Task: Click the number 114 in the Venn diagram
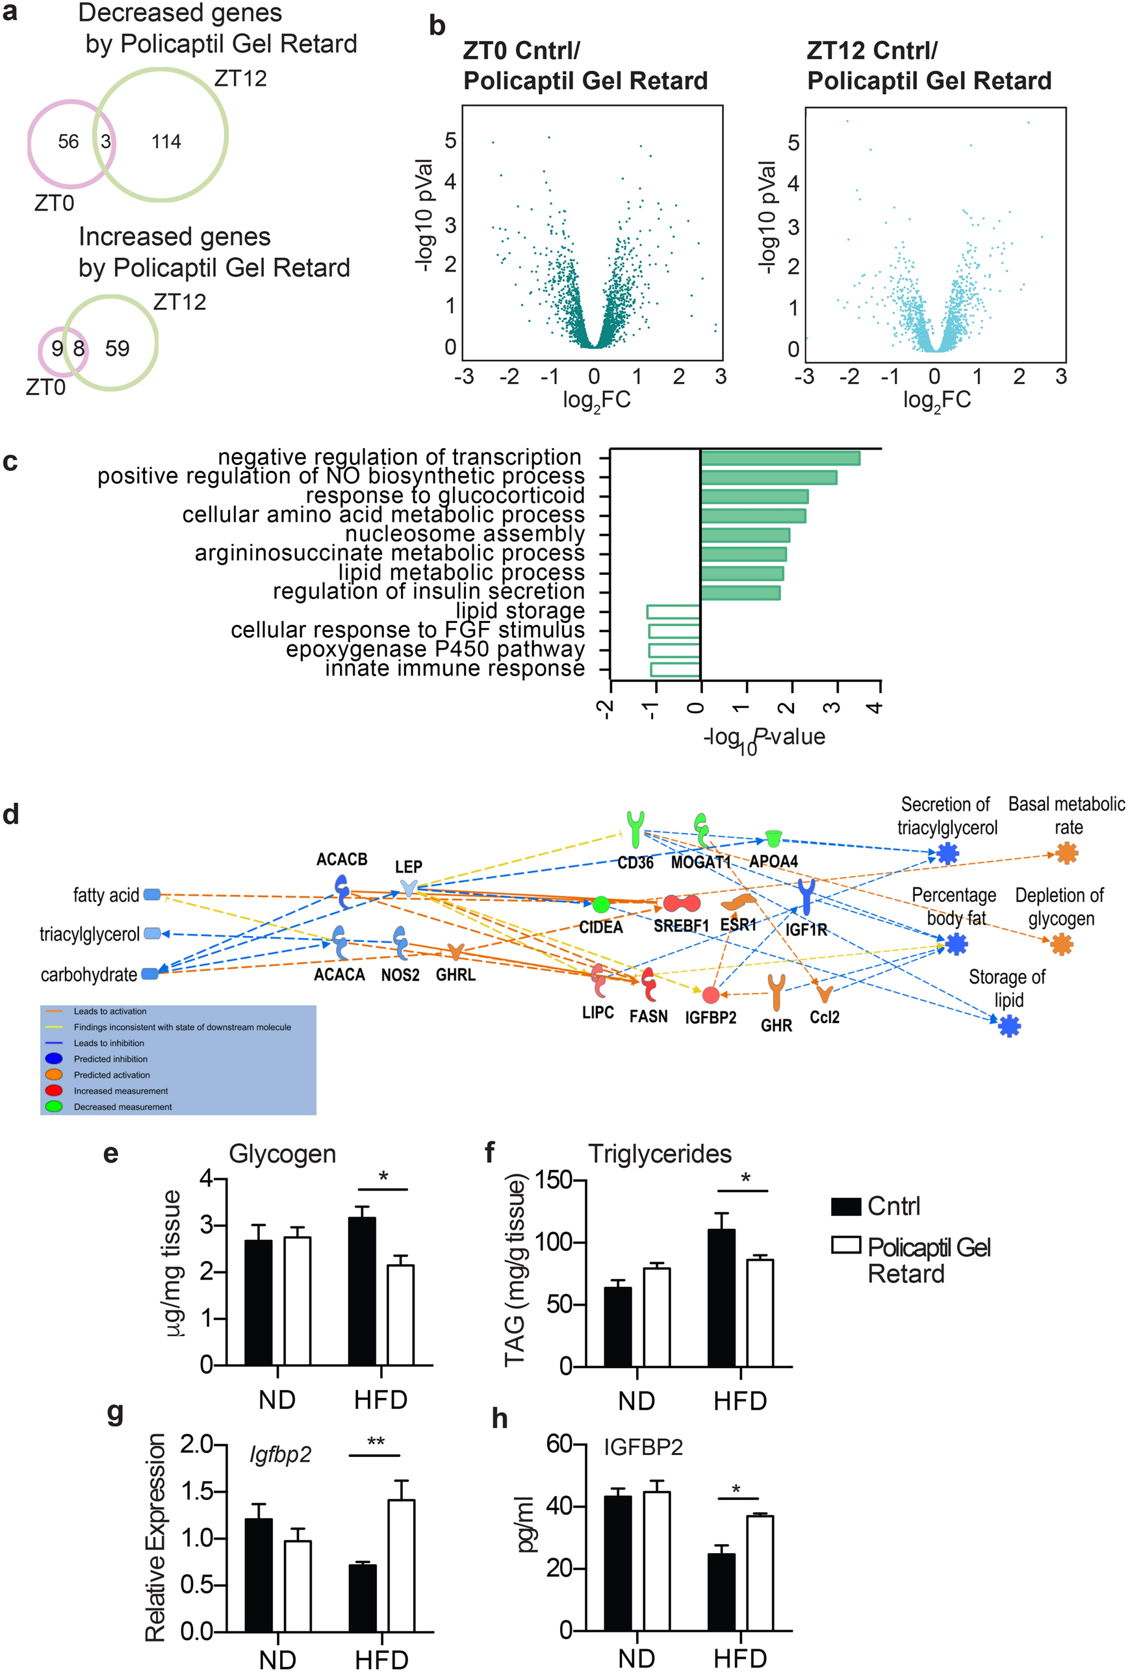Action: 166,142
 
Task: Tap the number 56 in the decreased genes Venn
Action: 68,142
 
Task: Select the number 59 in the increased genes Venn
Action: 117,349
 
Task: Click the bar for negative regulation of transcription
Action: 780,458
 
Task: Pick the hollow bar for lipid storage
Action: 673,612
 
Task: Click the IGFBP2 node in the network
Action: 711,995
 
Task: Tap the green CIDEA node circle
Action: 600,905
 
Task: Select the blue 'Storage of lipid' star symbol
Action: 1009,1026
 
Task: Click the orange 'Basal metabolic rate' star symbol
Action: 1067,854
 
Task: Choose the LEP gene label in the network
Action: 409,867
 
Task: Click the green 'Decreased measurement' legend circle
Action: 54,1107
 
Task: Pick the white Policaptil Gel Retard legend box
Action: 846,1245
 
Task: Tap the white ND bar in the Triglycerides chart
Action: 657,1317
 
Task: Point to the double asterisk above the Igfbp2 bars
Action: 376,1442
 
